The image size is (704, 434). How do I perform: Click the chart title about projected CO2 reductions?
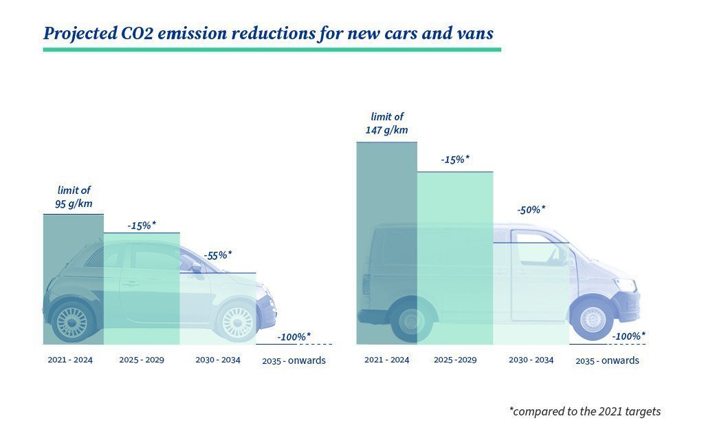coord(268,32)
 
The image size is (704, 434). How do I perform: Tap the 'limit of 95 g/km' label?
coord(74,197)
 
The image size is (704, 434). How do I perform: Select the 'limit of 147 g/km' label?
coord(387,123)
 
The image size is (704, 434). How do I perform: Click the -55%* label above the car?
coord(217,255)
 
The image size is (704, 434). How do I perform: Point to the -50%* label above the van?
coord(531,210)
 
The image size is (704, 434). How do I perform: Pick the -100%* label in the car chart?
coord(294,337)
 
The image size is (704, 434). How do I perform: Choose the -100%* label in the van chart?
coord(628,336)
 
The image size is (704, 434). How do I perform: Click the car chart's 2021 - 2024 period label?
coord(70,360)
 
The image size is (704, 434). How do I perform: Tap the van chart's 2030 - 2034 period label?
coord(531,360)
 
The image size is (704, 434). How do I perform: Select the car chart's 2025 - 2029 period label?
coord(142,360)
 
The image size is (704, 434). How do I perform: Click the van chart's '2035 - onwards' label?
coord(607,360)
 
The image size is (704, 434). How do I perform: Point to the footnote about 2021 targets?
coord(584,411)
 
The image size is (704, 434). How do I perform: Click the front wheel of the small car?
coord(236,322)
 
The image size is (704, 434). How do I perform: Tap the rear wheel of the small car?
coord(72,322)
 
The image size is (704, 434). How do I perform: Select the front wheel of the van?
coord(593,319)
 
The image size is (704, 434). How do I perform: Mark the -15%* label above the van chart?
coord(455,160)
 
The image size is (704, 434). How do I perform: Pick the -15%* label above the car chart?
coord(142,225)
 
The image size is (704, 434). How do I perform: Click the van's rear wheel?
coord(411,321)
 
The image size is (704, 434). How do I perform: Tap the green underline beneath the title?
coord(272,50)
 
